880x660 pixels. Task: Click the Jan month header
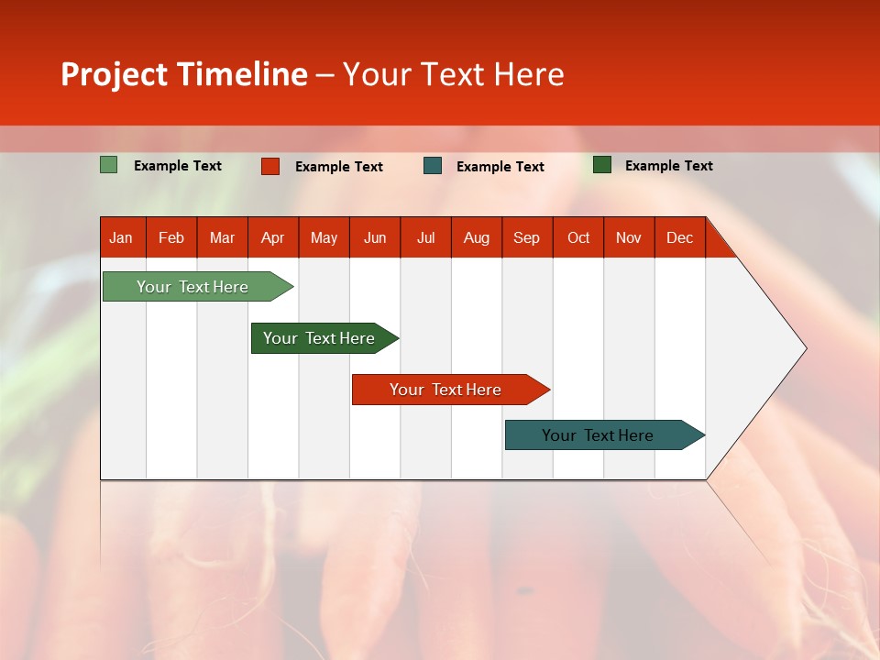pyautogui.click(x=122, y=237)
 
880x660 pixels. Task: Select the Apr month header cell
pyautogui.click(x=273, y=237)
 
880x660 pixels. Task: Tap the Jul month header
pyautogui.click(x=426, y=237)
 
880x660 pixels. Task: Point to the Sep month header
pyautogui.click(x=527, y=237)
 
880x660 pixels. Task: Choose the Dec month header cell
pyautogui.click(x=680, y=237)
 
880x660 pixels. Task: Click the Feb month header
pyautogui.click(x=171, y=237)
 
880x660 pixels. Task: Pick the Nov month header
pyautogui.click(x=629, y=237)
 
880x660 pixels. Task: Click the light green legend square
pyautogui.click(x=109, y=165)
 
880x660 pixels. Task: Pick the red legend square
pyautogui.click(x=270, y=166)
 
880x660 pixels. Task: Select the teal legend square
pyautogui.click(x=433, y=166)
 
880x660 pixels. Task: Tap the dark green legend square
pyautogui.click(x=602, y=165)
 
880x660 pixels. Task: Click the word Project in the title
pyautogui.click(x=115, y=74)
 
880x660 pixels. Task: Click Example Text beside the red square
pyautogui.click(x=339, y=167)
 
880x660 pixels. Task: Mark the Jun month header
pyautogui.click(x=375, y=237)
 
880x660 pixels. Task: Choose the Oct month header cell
pyautogui.click(x=578, y=237)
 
